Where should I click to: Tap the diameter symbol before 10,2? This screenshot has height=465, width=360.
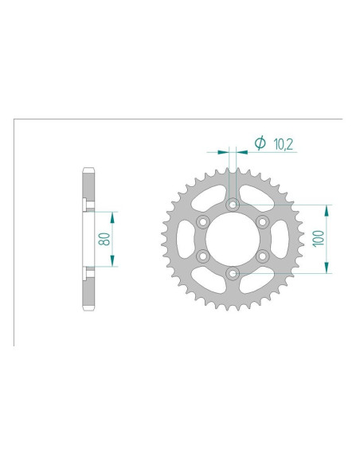pos(259,143)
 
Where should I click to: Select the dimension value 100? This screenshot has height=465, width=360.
pos(318,239)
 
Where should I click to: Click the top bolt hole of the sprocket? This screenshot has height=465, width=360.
pos(232,205)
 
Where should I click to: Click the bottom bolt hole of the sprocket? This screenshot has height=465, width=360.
pos(232,274)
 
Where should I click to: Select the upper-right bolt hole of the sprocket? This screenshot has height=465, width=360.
pos(261,222)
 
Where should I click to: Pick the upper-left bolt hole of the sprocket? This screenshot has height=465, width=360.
pos(202,222)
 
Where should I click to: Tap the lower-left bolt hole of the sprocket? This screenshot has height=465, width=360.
pos(202,256)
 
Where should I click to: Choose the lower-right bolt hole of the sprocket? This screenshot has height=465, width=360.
pos(261,256)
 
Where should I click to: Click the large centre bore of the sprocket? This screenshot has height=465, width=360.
pos(232,239)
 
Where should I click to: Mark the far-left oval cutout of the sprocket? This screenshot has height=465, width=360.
pos(187,239)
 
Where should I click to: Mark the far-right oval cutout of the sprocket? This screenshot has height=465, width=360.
pos(276,239)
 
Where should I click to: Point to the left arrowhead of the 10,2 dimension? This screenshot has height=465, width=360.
pos(225,149)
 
